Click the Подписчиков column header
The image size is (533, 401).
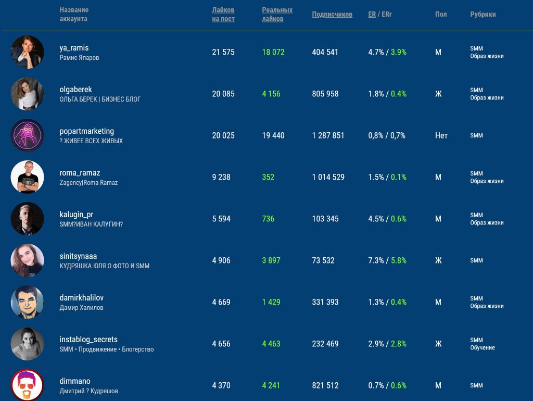point(332,14)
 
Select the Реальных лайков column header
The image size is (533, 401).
point(277,14)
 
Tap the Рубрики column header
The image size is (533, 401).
point(483,14)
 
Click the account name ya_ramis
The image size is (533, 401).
point(74,48)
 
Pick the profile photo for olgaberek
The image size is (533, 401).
point(27,94)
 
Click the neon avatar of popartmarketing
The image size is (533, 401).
point(27,135)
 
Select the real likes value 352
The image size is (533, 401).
point(268,177)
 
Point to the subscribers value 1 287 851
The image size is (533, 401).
point(328,135)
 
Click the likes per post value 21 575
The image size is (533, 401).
point(223,52)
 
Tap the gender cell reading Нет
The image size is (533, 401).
point(441,135)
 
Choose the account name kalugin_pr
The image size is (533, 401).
point(77,215)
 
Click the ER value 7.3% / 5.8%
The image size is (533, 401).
point(387,260)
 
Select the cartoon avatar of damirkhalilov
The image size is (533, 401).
point(27,302)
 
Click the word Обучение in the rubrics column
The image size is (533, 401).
point(483,347)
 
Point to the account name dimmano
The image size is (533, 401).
point(75,381)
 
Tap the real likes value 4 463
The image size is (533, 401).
point(271,344)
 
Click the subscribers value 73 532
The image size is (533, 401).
point(323,260)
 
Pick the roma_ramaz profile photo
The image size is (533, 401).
point(27,177)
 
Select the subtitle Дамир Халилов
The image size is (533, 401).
point(81,307)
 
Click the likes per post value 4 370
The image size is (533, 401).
point(221,385)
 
